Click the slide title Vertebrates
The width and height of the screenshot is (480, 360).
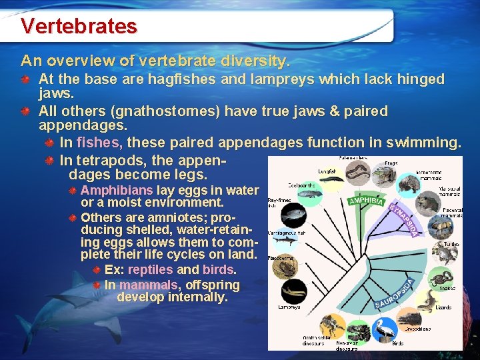tap(79, 26)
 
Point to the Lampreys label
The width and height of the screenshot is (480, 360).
tap(289, 307)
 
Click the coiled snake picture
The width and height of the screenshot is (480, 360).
tap(440, 278)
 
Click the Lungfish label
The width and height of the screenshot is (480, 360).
tap(326, 171)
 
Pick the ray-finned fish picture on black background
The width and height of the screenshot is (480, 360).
tap(293, 215)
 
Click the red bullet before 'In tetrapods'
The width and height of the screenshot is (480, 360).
tap(50, 161)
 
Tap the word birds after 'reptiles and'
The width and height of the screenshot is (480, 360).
tap(218, 269)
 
